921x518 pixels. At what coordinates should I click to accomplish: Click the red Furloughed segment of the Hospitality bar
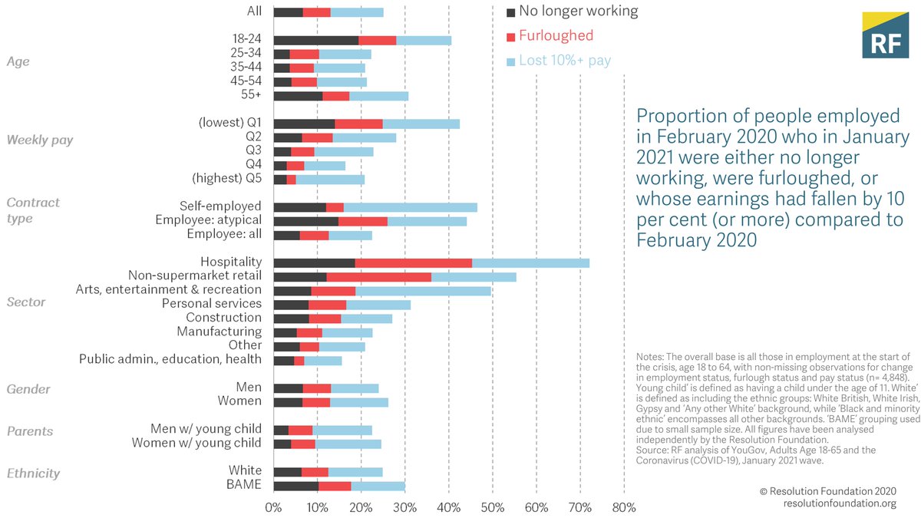point(413,262)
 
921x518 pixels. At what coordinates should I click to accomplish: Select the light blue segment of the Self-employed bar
point(410,207)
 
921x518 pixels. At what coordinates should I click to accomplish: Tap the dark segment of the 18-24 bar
point(315,40)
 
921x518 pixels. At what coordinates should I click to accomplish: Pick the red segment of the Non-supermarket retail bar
point(378,276)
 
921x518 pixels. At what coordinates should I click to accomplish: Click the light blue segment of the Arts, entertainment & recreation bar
point(423,290)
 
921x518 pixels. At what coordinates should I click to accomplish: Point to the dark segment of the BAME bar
point(295,484)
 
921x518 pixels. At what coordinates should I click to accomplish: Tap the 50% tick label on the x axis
point(492,507)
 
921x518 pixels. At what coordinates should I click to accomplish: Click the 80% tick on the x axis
point(623,507)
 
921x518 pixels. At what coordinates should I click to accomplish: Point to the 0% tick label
point(273,507)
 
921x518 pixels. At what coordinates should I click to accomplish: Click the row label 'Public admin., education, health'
point(170,359)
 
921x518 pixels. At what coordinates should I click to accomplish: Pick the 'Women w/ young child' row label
point(196,443)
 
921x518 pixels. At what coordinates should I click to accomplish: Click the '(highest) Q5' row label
point(226,179)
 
